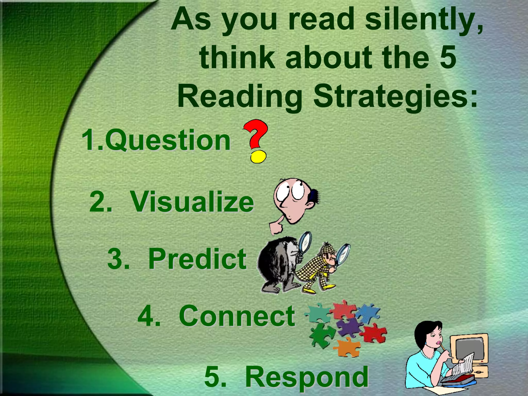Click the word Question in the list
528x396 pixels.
click(168, 141)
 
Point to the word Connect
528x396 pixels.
click(237, 316)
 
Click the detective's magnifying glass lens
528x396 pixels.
click(343, 254)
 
